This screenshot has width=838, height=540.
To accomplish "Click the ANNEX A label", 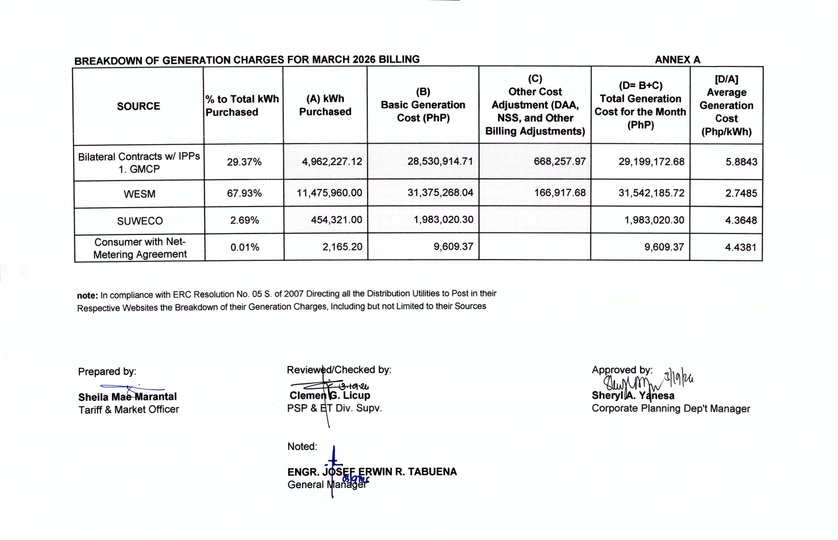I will pos(677,60).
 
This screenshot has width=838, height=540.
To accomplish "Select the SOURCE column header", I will pos(139,106).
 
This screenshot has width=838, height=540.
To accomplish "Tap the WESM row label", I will pos(139,194).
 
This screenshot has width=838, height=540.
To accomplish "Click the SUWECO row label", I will pos(140,221).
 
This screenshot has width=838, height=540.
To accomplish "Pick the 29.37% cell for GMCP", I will pos(244,162).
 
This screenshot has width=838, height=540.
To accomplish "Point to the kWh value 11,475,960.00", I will pos(329,193).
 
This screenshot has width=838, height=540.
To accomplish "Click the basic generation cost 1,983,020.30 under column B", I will pos(443,219).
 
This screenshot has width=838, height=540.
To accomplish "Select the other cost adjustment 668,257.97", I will pos(559,161).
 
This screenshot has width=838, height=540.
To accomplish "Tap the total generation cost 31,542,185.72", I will pos(651,193).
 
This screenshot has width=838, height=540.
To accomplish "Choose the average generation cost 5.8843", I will pos(741,162).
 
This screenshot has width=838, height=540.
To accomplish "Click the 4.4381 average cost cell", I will pos(741,247).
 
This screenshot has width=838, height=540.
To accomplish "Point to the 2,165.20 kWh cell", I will pos(342,247).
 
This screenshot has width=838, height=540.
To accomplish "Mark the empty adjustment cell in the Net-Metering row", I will pos(535,247).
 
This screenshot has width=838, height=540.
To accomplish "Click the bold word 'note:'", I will pos(87,296).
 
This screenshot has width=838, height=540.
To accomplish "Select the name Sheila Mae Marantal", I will pos(127,397).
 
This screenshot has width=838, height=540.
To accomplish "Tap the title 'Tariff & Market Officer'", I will pos(129,409).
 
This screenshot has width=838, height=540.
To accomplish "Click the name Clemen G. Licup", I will pos(330,395).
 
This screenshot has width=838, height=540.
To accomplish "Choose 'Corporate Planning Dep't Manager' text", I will pos(670,408).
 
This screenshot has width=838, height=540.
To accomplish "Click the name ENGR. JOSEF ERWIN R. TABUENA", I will pos(372,472).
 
